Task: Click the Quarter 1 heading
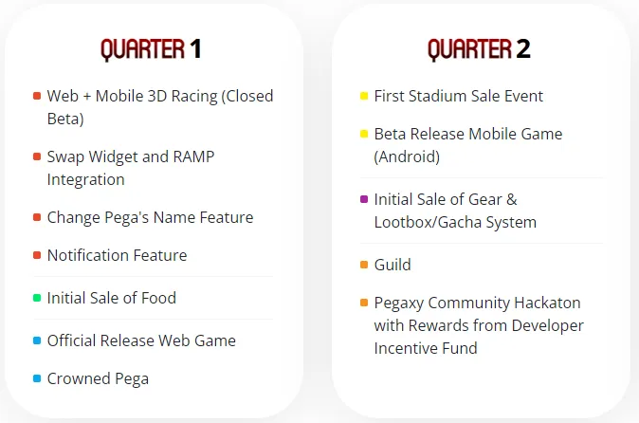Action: tap(151, 49)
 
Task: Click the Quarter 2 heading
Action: tap(479, 49)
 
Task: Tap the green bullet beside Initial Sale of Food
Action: tap(37, 298)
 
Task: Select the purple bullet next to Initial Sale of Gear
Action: tap(364, 199)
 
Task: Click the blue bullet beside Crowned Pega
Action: tap(37, 378)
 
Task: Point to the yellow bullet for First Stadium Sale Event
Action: tap(364, 96)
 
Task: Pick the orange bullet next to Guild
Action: tap(364, 265)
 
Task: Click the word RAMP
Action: tap(193, 156)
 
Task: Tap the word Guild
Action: tap(393, 265)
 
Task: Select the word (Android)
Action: tap(407, 156)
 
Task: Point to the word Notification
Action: tap(88, 255)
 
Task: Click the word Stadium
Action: tap(438, 96)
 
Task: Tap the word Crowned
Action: tap(79, 379)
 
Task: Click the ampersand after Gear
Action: tap(512, 200)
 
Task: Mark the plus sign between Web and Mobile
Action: tap(87, 97)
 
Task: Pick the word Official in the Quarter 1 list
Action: tap(71, 340)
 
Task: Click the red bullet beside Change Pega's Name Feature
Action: tap(37, 217)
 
